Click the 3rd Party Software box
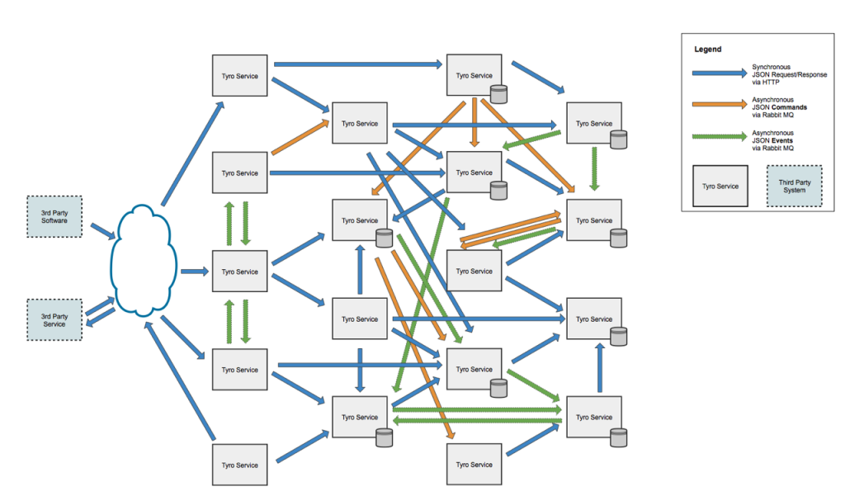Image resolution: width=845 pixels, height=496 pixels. click(54, 216)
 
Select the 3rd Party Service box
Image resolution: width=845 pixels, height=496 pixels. click(54, 319)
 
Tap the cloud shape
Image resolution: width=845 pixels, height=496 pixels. click(144, 262)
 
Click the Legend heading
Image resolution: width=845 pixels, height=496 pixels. click(707, 50)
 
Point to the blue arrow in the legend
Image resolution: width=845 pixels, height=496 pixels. click(719, 74)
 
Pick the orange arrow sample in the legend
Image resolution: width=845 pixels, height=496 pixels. click(719, 108)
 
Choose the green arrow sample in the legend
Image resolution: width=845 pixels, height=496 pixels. click(719, 140)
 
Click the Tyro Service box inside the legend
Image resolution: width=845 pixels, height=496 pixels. click(720, 186)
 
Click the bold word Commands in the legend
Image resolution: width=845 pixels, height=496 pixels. click(784, 107)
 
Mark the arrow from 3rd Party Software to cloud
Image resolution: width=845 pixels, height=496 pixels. click(102, 230)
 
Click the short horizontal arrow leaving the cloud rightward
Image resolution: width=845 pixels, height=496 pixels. click(193, 271)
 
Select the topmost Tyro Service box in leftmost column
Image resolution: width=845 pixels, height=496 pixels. click(239, 76)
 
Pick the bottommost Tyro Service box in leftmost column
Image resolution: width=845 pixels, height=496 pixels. click(239, 465)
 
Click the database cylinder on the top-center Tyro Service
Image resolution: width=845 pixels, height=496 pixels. click(498, 93)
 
